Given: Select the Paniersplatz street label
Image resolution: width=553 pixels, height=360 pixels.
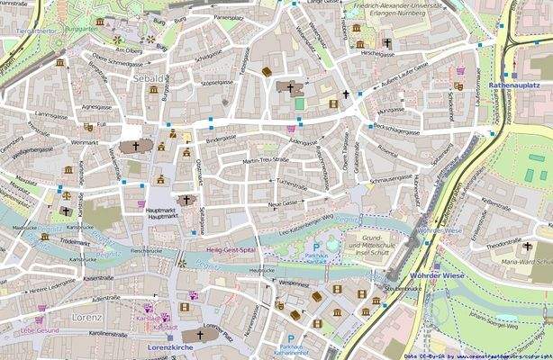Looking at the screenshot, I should point(230,17).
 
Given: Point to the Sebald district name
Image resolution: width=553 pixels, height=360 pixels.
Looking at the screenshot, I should point(148,79).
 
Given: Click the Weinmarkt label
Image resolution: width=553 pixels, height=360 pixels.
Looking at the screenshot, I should point(84,142).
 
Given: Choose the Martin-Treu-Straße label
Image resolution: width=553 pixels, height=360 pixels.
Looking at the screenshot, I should point(266,160).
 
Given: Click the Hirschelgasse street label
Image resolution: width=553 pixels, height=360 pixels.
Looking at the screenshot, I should point(377,53).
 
